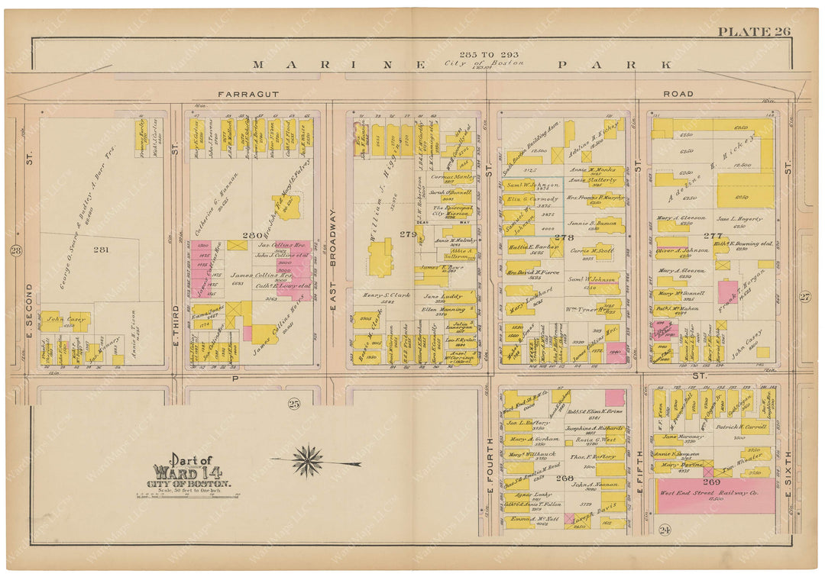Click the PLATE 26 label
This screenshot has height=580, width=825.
pyautogui.click(x=753, y=31)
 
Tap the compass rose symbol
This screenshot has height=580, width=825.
pyautogui.click(x=307, y=461)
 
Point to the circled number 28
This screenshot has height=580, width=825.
pyautogui.click(x=15, y=250)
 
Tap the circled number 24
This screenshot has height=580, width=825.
pyautogui.click(x=665, y=530)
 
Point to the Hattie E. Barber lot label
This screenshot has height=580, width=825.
pyautogui.click(x=532, y=247)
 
